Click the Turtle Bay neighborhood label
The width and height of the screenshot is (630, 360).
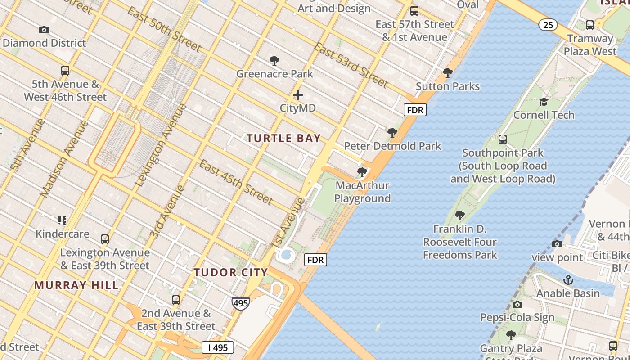tap(283, 138)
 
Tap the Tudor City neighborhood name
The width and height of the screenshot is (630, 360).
tap(231, 272)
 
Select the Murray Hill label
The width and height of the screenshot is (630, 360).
tap(76, 285)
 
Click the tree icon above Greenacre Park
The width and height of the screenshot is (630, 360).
tap(274, 61)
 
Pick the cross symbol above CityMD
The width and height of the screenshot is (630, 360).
tap(298, 95)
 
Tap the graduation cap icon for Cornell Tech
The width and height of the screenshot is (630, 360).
tap(544, 102)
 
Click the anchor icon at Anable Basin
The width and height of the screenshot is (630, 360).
tap(568, 280)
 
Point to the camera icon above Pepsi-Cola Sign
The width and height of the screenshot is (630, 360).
tap(517, 304)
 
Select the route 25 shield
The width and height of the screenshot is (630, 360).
tap(548, 25)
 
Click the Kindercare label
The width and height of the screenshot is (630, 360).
tap(63, 234)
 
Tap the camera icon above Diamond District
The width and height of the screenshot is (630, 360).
tap(44, 30)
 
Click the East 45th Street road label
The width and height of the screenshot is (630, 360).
tap(236, 181)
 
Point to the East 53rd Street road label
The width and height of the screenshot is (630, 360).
tap(351, 65)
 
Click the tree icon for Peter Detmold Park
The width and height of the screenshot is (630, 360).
tap(392, 133)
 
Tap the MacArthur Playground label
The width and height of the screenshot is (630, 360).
tap(362, 192)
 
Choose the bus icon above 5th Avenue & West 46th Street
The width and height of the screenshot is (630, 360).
tap(65, 71)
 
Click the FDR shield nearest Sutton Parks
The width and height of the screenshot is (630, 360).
tap(414, 110)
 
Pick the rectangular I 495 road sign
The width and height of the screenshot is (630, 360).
tap(218, 347)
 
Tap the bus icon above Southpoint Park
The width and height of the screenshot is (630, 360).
tap(503, 139)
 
